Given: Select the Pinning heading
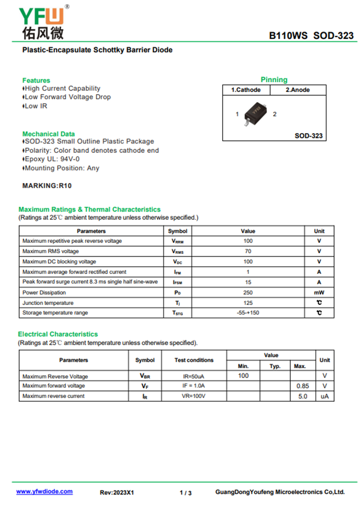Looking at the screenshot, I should (274, 80).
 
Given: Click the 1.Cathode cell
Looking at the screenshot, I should (246, 90).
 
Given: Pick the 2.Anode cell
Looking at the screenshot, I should (297, 90).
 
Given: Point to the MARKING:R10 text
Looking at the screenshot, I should (47, 185).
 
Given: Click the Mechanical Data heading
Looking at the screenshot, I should (49, 134).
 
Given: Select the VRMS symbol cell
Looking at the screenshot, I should (178, 251).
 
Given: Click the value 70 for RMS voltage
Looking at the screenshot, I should (248, 251).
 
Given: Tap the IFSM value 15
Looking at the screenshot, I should (248, 282).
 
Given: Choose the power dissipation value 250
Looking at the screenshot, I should (248, 293).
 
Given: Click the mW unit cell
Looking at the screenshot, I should (319, 293).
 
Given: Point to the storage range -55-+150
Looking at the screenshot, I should (248, 313).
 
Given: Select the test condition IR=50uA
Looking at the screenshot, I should (194, 376).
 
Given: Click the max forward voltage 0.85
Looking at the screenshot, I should (303, 386).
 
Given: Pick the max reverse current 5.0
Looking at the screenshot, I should (303, 396).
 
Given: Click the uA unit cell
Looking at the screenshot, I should (324, 396).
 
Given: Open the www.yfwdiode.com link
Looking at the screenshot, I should (45, 491).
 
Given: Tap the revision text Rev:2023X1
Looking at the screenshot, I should (117, 493).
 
